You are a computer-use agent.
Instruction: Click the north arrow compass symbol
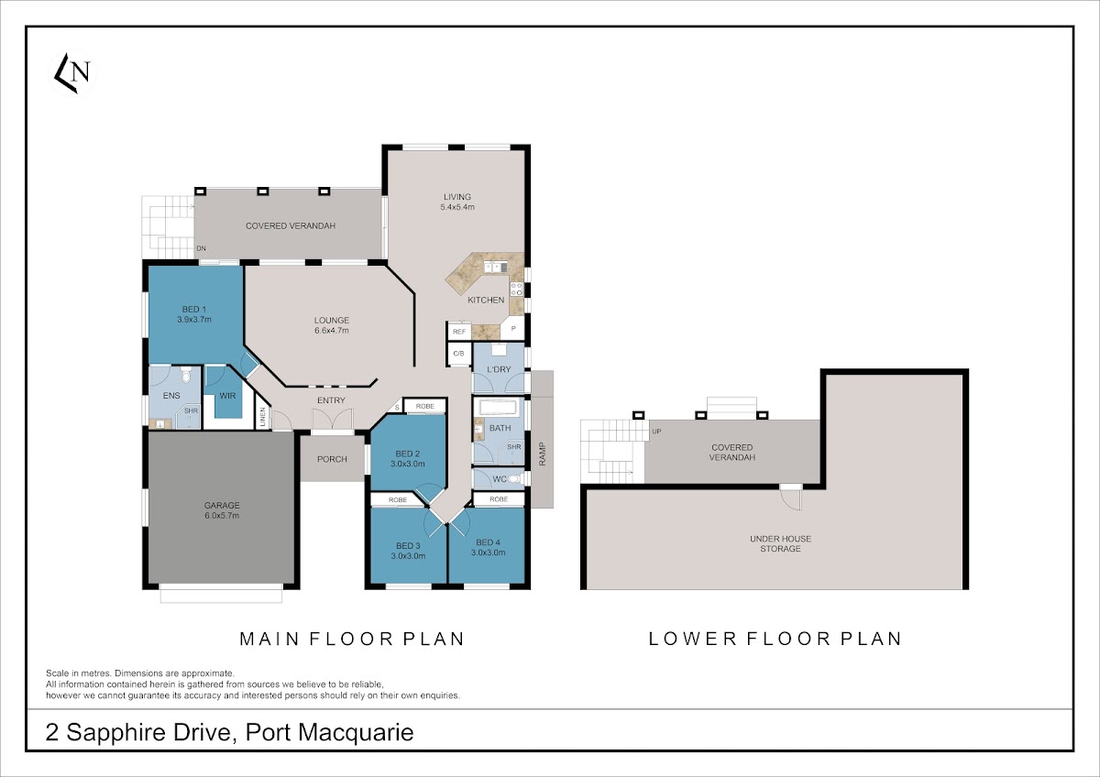(72, 73)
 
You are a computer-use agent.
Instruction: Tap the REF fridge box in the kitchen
(459, 332)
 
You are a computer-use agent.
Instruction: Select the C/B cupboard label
(459, 354)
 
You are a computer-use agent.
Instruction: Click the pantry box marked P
(513, 328)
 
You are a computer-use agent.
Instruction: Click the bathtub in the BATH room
(498, 408)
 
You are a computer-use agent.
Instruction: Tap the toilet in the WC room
(513, 478)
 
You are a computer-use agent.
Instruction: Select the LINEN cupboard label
(263, 417)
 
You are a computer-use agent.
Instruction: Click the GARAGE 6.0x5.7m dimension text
(222, 515)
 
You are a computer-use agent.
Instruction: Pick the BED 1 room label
(194, 309)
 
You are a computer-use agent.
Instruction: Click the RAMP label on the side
(542, 454)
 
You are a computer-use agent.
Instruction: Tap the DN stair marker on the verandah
(202, 248)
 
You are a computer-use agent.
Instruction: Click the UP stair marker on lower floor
(656, 432)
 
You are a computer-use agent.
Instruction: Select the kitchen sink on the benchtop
(496, 267)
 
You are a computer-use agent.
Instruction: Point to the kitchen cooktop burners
(517, 290)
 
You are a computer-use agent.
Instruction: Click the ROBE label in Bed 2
(425, 407)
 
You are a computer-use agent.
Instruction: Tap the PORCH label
(332, 459)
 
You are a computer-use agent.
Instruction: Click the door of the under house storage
(791, 497)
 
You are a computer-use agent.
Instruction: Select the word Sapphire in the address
(148, 733)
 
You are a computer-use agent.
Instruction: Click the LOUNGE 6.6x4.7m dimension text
(332, 331)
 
